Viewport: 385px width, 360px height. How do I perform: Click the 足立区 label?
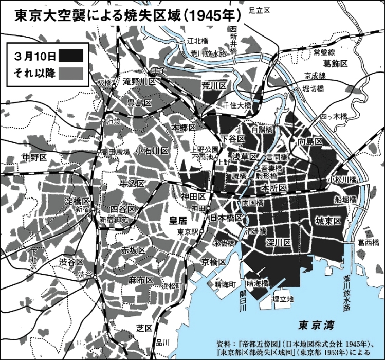(260, 9)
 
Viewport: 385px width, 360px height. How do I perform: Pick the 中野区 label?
(35, 156)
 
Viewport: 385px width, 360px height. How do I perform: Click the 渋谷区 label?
(71, 262)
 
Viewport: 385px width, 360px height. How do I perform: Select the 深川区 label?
(278, 242)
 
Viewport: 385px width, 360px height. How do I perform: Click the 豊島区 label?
(140, 103)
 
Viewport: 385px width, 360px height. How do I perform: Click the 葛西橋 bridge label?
(369, 241)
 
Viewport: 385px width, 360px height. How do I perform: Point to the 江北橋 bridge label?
(197, 40)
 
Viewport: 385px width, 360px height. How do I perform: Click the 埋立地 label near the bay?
(283, 298)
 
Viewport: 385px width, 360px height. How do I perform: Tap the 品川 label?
(162, 342)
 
